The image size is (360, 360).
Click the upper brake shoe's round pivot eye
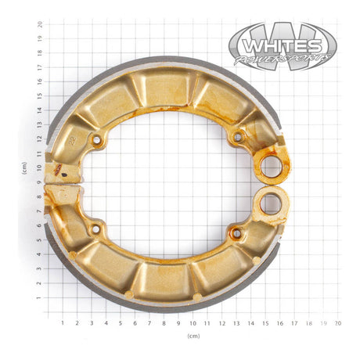point(271,165)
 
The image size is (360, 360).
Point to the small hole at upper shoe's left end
point(96,140)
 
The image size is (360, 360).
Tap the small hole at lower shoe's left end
point(96,230)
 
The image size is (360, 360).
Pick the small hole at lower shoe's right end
point(236,232)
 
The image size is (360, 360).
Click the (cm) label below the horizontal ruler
point(193,336)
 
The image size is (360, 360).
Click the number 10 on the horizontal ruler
point(193,322)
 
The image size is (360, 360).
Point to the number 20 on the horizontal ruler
point(337,322)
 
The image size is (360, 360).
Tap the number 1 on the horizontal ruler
point(63,322)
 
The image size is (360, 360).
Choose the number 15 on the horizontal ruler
point(265,322)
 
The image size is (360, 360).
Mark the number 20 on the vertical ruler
point(40,24)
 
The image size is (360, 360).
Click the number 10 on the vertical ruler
point(40,167)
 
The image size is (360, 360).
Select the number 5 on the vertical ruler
point(40,239)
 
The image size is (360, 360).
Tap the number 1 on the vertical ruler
point(40,297)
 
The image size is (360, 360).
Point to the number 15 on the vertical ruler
point(40,95)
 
